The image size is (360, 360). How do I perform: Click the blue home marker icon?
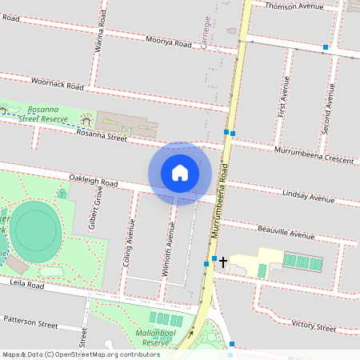click(x=180, y=173)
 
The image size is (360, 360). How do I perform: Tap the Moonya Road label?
click(x=169, y=42)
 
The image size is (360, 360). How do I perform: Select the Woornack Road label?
click(x=58, y=83)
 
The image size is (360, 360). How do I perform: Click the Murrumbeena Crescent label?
click(x=302, y=154)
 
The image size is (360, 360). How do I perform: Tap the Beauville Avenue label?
click(x=287, y=233)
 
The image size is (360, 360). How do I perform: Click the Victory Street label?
click(x=314, y=326)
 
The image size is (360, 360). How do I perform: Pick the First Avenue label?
click(x=282, y=98)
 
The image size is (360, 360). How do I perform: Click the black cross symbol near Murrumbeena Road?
click(x=223, y=261)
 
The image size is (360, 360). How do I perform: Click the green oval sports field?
click(x=37, y=228)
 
